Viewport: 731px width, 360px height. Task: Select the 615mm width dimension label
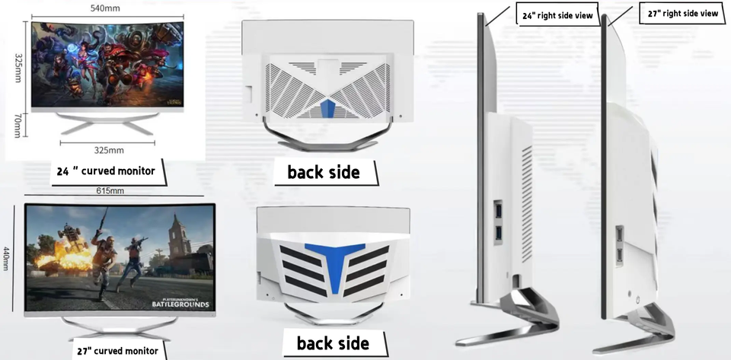[x=110, y=190]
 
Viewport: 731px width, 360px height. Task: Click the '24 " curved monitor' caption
[x=106, y=171]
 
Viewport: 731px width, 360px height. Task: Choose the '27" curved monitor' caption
[x=117, y=350]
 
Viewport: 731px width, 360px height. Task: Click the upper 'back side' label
[x=324, y=172]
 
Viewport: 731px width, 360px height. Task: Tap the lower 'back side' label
[x=334, y=342]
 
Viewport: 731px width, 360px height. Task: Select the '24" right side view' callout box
[x=558, y=14]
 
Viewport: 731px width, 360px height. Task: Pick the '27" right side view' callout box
[x=682, y=14]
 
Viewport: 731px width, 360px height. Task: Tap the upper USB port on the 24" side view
[x=499, y=208]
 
